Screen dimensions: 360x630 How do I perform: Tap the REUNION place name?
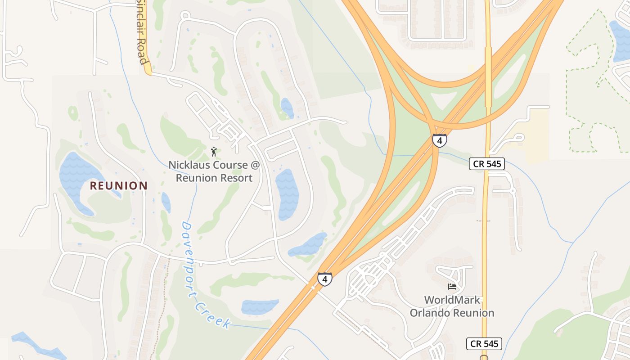119,185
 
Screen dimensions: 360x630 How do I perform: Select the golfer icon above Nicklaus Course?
214,152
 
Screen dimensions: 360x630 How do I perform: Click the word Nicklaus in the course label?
189,165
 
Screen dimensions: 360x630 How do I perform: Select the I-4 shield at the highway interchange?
440,140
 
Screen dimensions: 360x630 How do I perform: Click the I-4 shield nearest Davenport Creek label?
324,279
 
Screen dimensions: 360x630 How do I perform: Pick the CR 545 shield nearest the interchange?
487,164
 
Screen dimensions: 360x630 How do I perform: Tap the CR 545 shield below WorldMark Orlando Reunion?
484,344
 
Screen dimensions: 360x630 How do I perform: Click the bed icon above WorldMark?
452,286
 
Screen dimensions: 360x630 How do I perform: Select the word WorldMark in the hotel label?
452,300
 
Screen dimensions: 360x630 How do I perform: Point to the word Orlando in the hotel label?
429,313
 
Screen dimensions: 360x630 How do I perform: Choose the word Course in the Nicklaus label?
229,165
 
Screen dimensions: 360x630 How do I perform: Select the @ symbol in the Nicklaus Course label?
255,165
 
